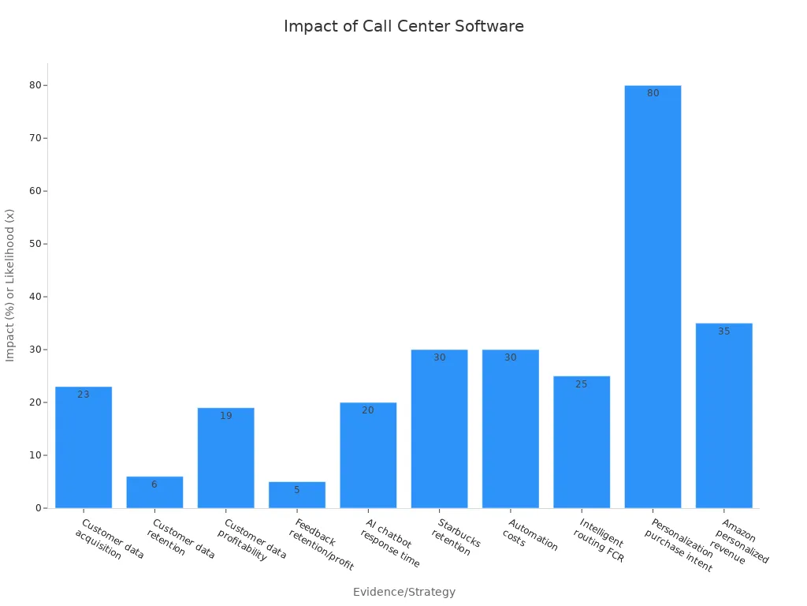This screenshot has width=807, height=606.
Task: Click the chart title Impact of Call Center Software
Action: coord(403,26)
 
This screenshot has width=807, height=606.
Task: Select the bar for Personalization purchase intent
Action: coord(653,300)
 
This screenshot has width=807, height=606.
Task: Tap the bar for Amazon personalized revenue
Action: coord(723,418)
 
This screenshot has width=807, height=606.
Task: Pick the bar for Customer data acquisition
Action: coord(84,450)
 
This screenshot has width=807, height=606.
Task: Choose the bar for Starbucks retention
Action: coord(439,430)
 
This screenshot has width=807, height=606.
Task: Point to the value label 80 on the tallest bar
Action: coord(653,93)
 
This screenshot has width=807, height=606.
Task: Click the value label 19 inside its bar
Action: coord(226,416)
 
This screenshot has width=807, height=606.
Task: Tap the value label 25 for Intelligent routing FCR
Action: coord(582,384)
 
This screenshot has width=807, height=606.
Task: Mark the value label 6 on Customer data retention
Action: coord(154,484)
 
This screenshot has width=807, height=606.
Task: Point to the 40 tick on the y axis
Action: coord(36,297)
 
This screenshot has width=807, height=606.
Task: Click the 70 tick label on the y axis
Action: coord(36,138)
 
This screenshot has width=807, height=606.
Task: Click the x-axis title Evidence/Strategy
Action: coord(403,592)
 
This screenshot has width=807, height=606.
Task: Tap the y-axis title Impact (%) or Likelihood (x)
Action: coord(10,285)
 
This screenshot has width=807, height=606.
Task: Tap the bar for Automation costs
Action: coord(511,430)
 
